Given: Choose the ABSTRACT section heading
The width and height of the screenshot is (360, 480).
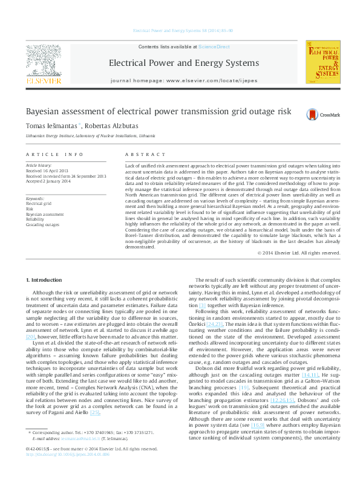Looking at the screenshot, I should (x=140, y=155).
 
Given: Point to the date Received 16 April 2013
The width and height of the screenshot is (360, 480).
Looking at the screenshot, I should (x=49, y=170).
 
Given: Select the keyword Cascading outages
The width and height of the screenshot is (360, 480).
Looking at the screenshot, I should (x=42, y=224).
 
